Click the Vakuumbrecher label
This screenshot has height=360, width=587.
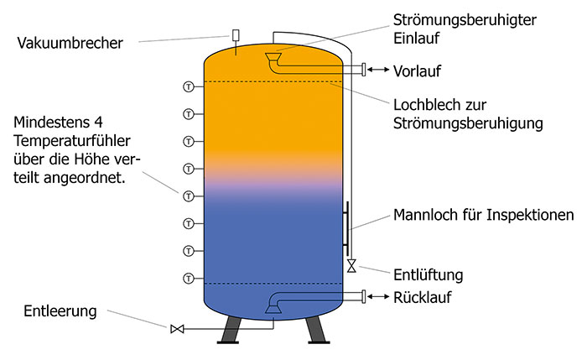(70, 43)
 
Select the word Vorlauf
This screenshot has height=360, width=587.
(417, 70)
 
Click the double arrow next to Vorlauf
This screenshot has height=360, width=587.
(378, 70)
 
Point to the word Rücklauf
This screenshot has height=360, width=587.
(423, 297)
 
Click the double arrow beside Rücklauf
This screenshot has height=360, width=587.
(378, 297)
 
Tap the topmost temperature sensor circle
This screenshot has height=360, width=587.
(189, 87)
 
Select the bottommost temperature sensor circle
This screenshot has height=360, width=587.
(189, 279)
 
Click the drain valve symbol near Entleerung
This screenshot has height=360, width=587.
(177, 329)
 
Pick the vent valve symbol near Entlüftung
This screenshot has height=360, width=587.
(351, 266)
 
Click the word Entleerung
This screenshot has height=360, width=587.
(60, 311)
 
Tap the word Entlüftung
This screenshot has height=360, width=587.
(428, 275)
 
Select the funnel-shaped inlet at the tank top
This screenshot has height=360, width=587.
(273, 57)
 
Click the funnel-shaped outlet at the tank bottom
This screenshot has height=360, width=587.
(273, 308)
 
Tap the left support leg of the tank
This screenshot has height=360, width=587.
(230, 330)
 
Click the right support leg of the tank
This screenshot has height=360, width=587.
(317, 330)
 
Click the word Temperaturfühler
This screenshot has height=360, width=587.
(72, 141)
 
